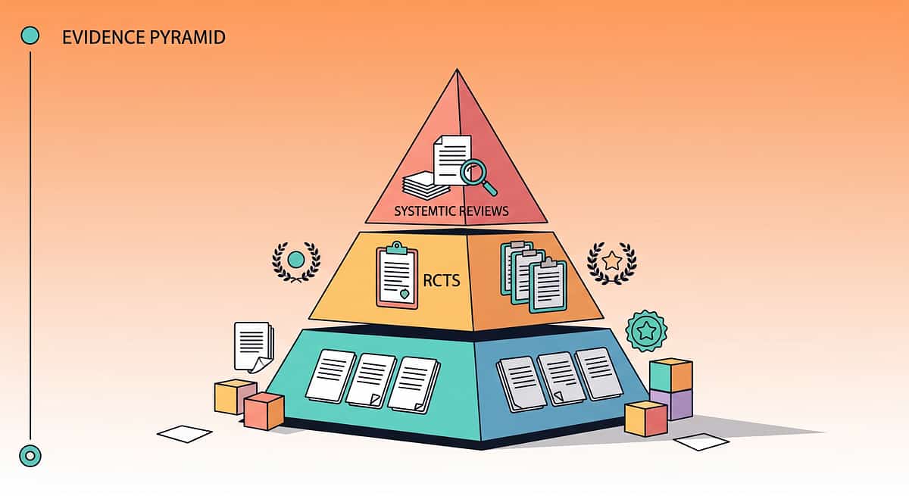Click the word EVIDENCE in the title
tap(104, 37)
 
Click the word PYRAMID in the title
tap(188, 37)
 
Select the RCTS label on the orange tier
tap(442, 280)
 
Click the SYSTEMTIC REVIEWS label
tap(451, 211)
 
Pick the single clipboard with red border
tap(397, 275)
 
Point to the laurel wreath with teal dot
tap(296, 261)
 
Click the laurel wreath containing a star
tap(612, 263)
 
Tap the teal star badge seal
tap(646, 331)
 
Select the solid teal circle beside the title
tap(30, 36)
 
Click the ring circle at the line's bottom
tap(30, 456)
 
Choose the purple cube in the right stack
tap(672, 404)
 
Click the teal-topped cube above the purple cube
tap(671, 374)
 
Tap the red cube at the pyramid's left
tap(264, 411)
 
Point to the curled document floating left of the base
tap(254, 347)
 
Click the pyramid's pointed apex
tap(457, 70)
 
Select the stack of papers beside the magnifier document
tap(424, 186)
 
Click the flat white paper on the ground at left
tap(185, 434)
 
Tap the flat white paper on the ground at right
tap(701, 441)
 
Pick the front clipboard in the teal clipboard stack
tap(548, 286)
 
